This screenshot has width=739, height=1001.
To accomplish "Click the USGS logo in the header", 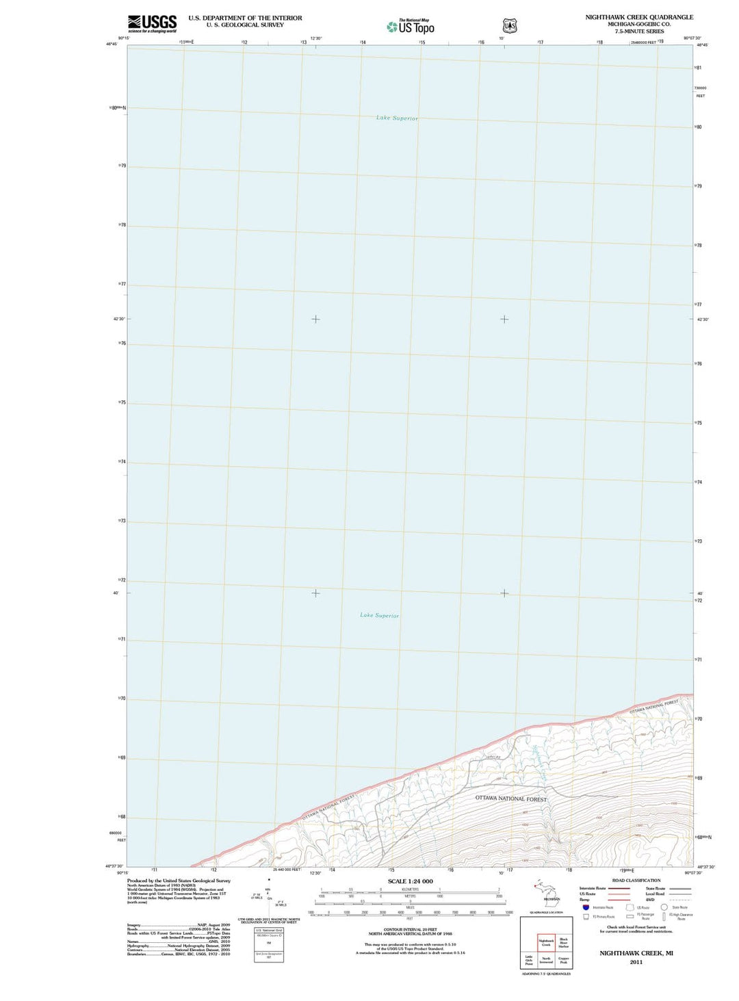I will [152, 23].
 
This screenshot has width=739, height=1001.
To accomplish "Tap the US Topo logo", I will [411, 27].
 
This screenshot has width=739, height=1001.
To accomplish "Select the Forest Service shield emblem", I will [510, 26].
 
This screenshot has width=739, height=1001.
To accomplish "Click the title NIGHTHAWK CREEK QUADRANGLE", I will [639, 17].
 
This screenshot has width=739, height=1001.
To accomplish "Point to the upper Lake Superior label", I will [397, 118].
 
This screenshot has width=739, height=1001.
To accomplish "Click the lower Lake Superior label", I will [379, 615].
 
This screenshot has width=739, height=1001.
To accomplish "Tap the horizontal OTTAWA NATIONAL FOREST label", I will [510, 798].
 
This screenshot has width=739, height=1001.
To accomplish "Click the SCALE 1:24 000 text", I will [410, 881].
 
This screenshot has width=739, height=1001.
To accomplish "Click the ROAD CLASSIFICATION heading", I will [636, 881].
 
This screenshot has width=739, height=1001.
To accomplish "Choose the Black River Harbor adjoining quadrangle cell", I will [563, 943].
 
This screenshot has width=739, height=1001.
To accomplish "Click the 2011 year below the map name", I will [636, 962].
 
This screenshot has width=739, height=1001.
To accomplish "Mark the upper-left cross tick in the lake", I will [315, 319].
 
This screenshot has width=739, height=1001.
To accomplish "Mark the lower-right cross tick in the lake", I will [504, 593].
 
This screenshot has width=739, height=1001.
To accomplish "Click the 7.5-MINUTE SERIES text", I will [639, 31].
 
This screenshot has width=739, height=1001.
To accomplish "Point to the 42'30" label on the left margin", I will [118, 319].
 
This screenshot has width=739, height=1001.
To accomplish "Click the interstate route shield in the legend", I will [586, 907].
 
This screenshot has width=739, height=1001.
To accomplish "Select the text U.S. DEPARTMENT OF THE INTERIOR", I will [245, 18].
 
